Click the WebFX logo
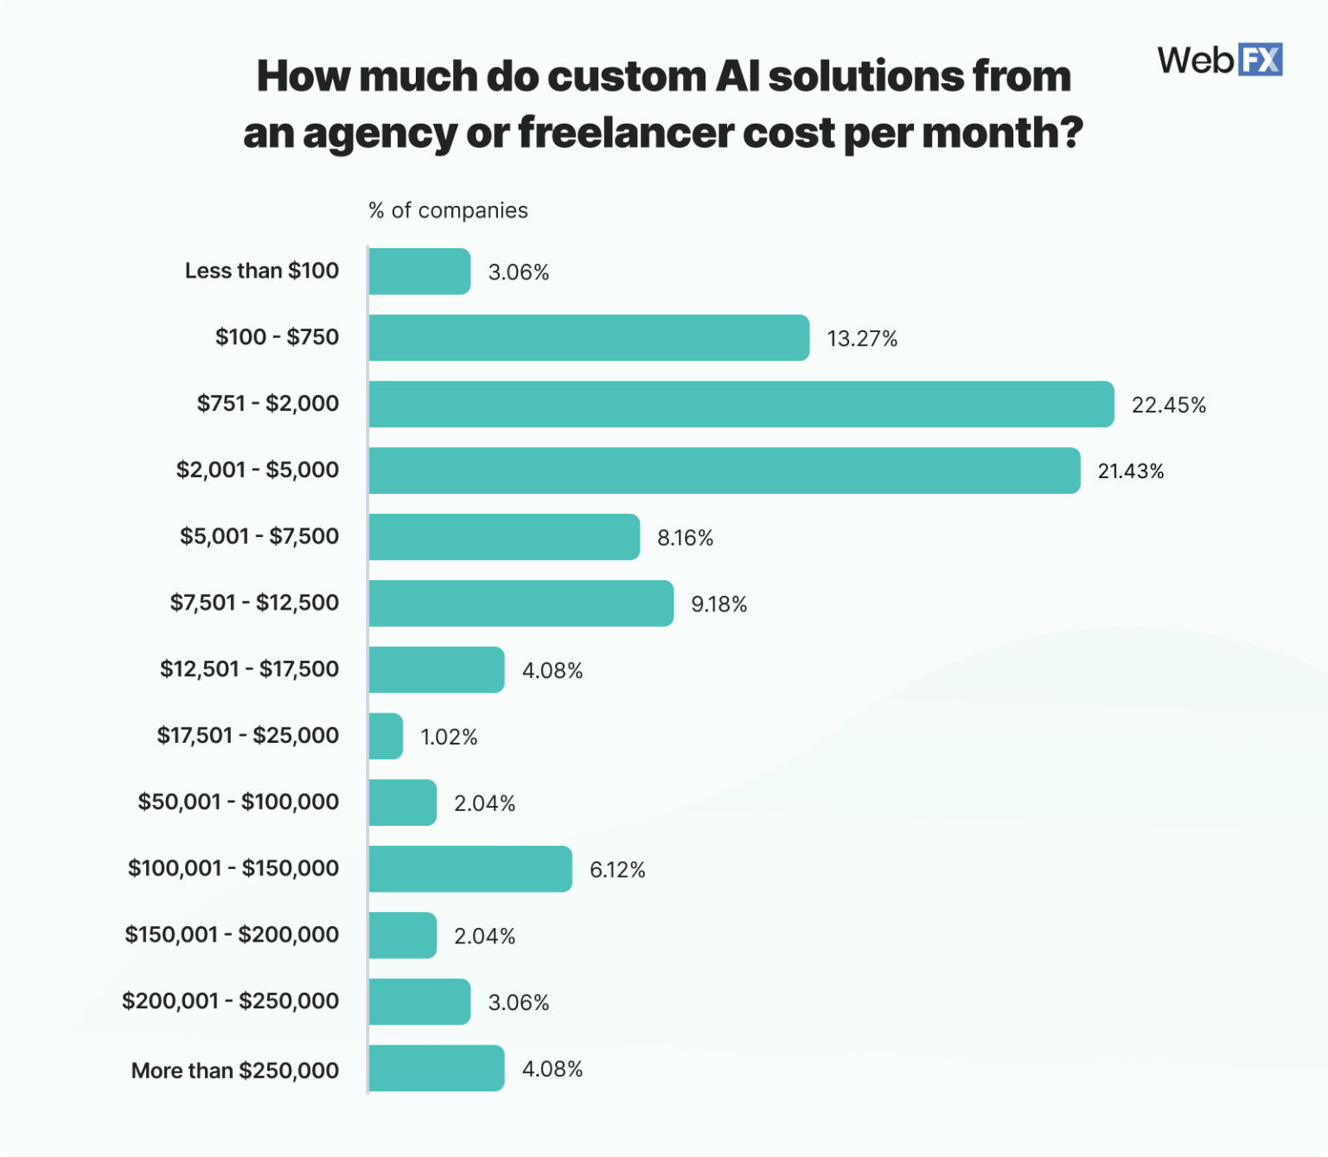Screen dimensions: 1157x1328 (x=1219, y=60)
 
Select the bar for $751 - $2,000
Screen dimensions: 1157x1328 (x=741, y=404)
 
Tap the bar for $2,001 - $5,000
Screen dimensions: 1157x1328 (x=724, y=470)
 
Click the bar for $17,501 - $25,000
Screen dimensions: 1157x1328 (x=386, y=736)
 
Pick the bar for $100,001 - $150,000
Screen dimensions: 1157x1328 (x=470, y=869)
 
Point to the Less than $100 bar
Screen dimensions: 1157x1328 (x=419, y=272)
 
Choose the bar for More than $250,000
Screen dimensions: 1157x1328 (x=437, y=1068)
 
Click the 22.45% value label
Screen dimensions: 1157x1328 (x=1168, y=405)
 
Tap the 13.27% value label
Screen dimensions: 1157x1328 (x=862, y=339)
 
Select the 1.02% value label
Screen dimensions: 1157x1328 (x=449, y=737)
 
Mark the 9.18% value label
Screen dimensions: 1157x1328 (x=718, y=604)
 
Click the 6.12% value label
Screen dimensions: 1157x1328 (x=617, y=870)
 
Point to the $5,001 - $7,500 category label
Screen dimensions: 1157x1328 (x=259, y=536)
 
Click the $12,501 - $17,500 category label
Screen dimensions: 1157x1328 (x=249, y=669)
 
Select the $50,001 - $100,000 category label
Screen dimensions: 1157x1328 (x=239, y=802)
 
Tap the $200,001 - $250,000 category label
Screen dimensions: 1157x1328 (x=230, y=1001)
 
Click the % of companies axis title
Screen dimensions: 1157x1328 (x=448, y=210)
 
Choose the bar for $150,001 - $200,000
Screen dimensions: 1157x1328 (x=403, y=936)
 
